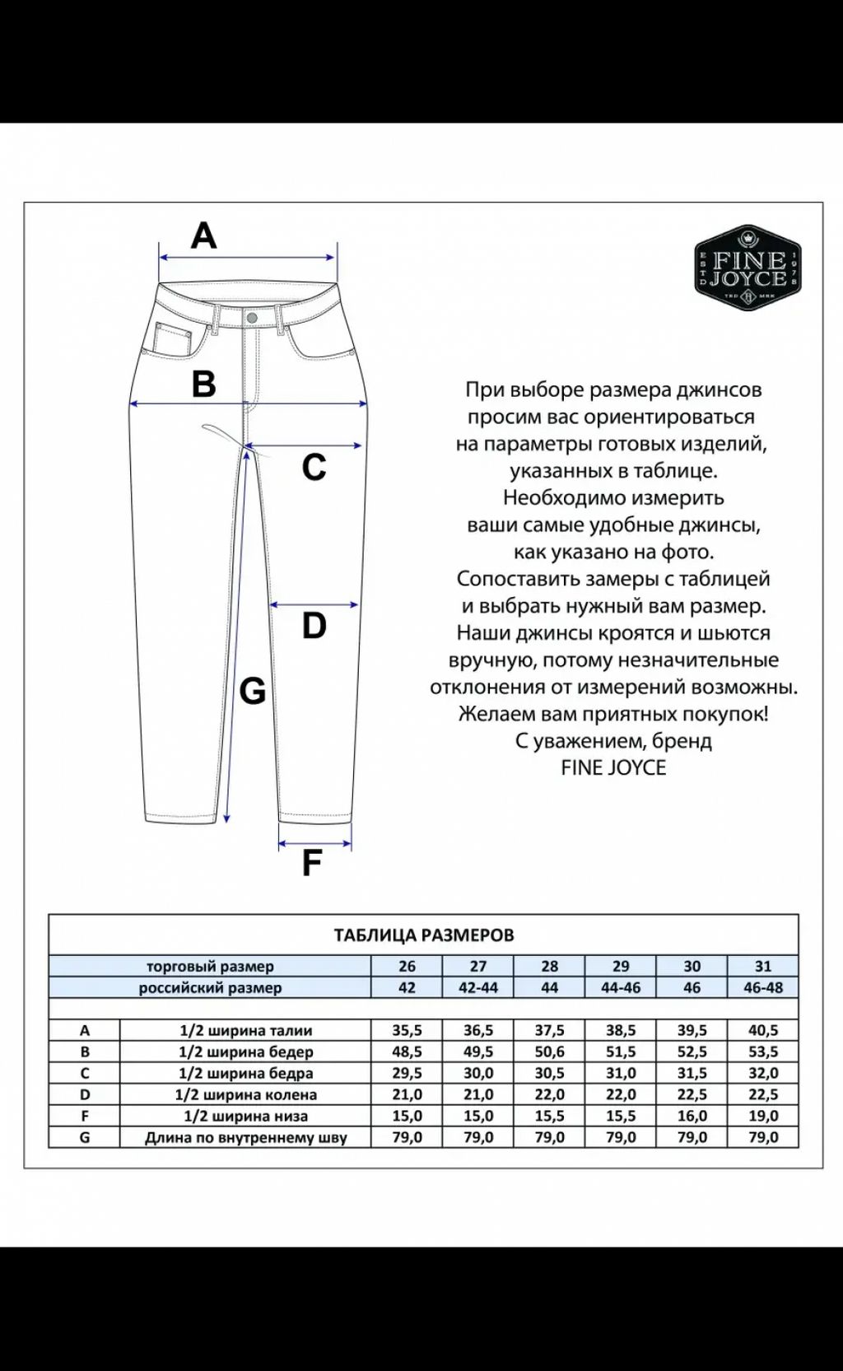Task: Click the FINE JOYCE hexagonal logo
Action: tap(748, 268)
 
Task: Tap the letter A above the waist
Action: tap(203, 236)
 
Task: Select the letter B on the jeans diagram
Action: tap(203, 384)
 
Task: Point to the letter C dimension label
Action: tap(314, 468)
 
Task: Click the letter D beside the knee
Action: tap(314, 626)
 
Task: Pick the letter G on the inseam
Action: tap(252, 691)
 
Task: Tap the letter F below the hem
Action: tap(311, 863)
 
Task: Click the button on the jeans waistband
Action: tap(252, 318)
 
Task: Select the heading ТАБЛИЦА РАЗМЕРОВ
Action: tap(423, 935)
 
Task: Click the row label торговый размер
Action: tap(210, 966)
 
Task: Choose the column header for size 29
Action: tap(621, 966)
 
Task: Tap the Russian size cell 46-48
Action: tap(763, 987)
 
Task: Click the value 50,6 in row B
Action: tap(549, 1052)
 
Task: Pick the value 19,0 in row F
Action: tap(763, 1116)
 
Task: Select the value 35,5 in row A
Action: tap(407, 1030)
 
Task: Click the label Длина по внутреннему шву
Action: tap(245, 1137)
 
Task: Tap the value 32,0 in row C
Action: tap(763, 1073)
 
